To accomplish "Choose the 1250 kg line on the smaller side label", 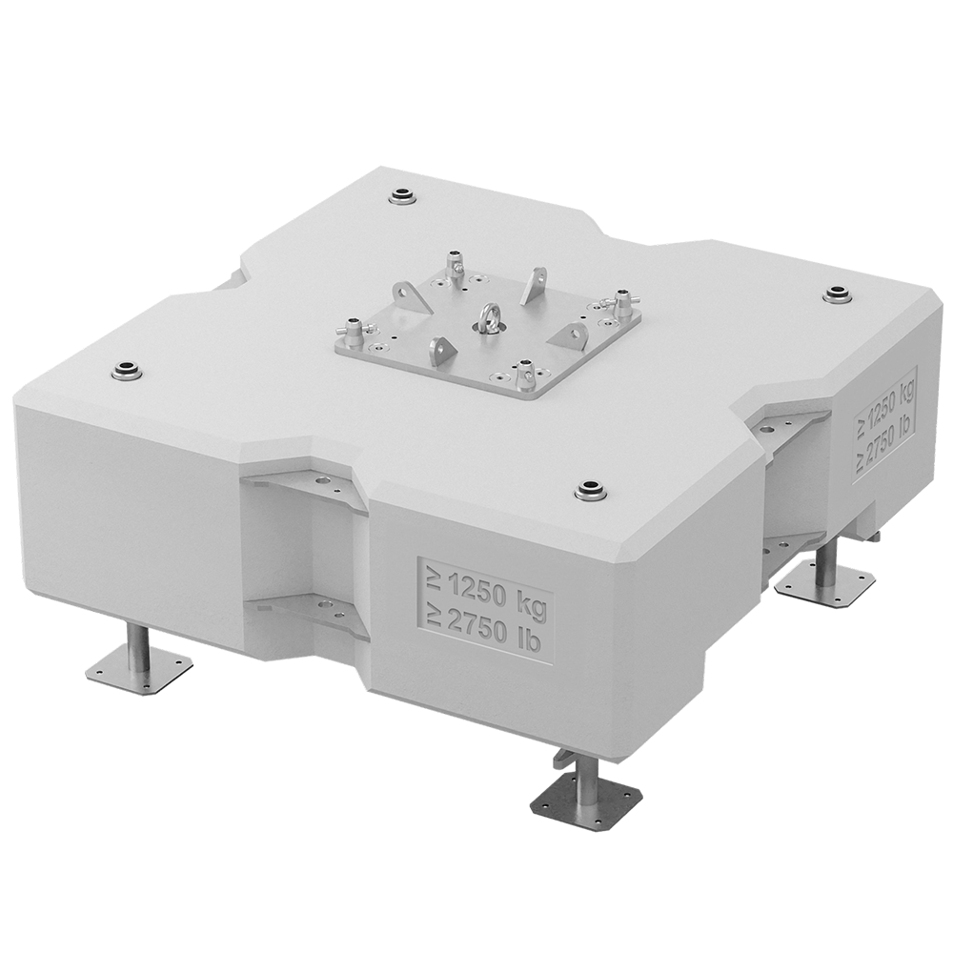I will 885,398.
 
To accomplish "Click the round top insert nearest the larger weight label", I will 593,492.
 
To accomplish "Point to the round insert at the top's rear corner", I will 404,197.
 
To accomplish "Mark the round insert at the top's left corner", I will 126,371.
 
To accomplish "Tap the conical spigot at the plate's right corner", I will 622,302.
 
